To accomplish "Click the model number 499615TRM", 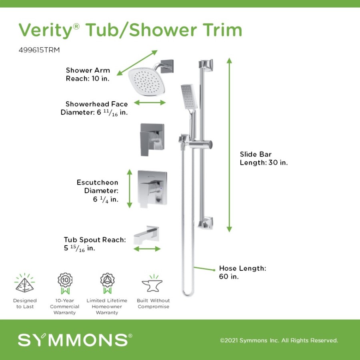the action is [x=39, y=50].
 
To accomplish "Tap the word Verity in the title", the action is [x=46, y=30].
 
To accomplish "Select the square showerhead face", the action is [x=146, y=82].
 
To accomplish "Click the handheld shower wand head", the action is [x=189, y=97].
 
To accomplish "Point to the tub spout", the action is [x=146, y=235].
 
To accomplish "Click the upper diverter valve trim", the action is [x=152, y=140].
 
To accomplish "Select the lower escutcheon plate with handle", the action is [x=152, y=189].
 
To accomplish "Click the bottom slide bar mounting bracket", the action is [x=206, y=223].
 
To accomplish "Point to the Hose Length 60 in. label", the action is [x=242, y=272].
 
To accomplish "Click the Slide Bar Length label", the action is [x=264, y=158].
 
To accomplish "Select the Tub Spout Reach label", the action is [x=95, y=244].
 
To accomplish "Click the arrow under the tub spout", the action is [x=147, y=249].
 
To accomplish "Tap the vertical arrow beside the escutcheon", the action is [x=130, y=189].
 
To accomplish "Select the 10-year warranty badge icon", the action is [x=65, y=283].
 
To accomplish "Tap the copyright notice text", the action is [x=279, y=340].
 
